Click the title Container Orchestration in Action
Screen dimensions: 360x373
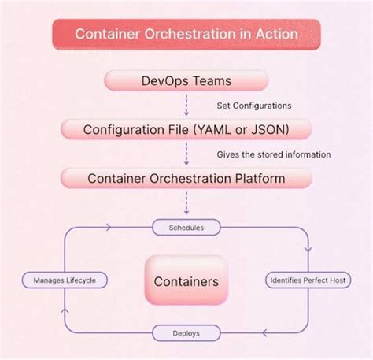(x=186, y=35)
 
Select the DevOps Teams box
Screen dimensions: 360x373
(x=186, y=80)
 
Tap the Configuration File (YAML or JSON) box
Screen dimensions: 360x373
(x=186, y=129)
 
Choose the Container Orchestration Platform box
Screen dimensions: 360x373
(x=186, y=178)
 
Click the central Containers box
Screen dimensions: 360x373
(x=186, y=281)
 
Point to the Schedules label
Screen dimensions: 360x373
(x=186, y=228)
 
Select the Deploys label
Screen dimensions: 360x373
(x=186, y=333)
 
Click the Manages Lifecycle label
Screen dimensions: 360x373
(x=65, y=280)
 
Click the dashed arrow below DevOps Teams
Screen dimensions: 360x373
(x=186, y=103)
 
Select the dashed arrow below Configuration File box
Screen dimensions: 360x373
(x=186, y=153)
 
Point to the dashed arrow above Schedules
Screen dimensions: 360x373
(x=186, y=202)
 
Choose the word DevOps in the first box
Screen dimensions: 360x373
(x=164, y=80)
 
